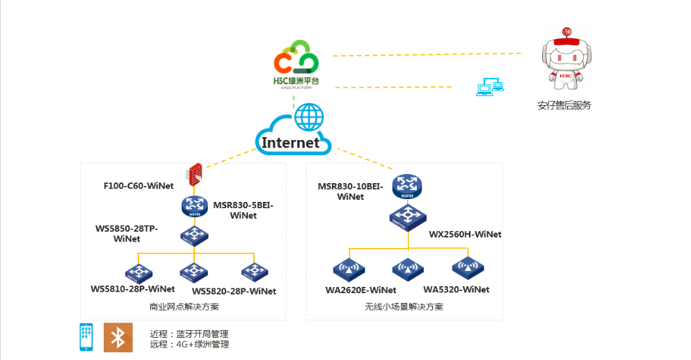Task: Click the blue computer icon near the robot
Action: [x=489, y=87]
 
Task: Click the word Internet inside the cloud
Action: [x=291, y=143]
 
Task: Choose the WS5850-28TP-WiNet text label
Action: [x=127, y=234]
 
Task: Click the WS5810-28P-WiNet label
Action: [x=133, y=289]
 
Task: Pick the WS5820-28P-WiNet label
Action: [x=234, y=291]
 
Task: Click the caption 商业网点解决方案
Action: [x=184, y=306]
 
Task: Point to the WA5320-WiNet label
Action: [x=456, y=290]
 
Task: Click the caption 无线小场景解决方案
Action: [x=404, y=306]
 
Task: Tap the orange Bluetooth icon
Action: [x=118, y=337]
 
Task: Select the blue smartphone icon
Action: [x=86, y=337]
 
